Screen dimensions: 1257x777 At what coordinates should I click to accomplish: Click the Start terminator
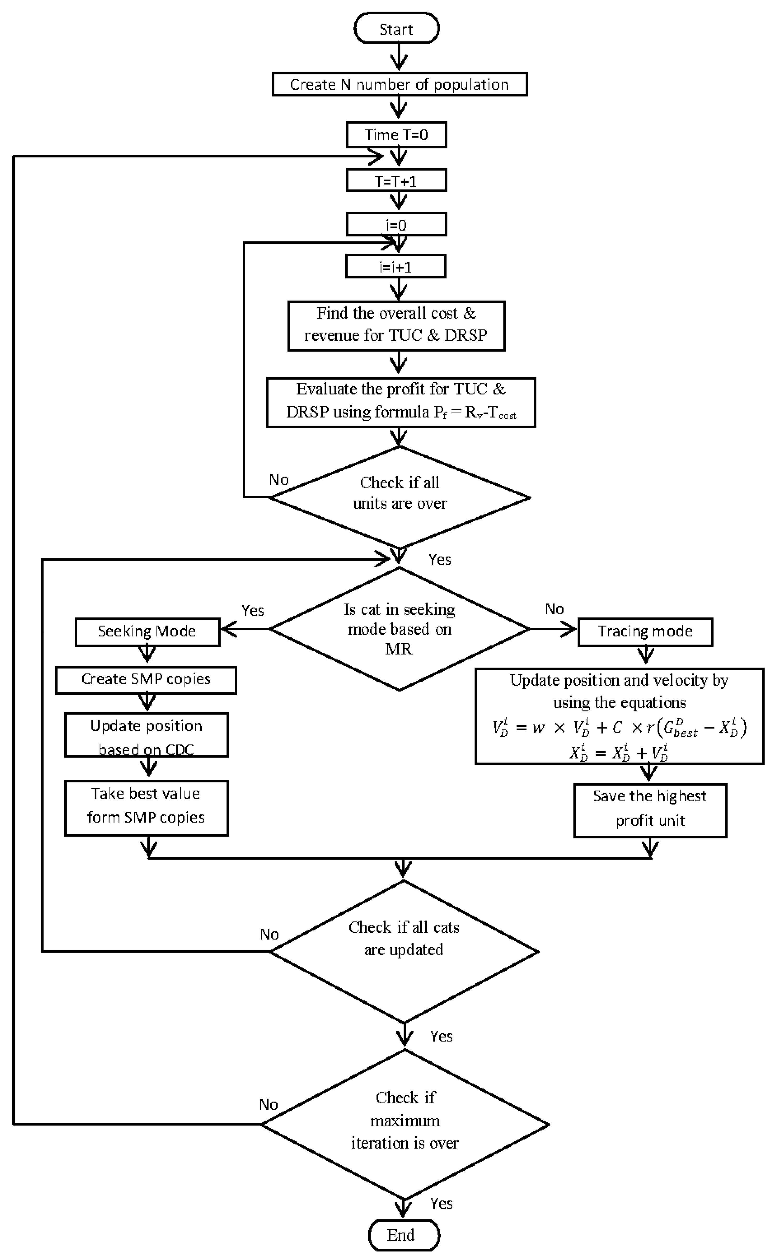(x=396, y=29)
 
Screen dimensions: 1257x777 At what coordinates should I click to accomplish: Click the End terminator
(x=404, y=1234)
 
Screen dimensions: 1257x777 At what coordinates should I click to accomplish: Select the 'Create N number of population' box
(x=399, y=84)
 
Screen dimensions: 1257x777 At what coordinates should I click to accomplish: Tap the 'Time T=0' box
(x=396, y=135)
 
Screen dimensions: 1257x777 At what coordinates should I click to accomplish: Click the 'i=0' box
(x=396, y=224)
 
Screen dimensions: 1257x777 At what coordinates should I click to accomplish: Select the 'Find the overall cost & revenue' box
(x=396, y=326)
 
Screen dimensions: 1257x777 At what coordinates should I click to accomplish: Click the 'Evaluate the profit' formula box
(x=401, y=402)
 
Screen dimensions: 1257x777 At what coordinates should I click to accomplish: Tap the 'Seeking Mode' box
(x=147, y=631)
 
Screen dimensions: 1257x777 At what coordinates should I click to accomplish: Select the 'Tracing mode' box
(x=645, y=631)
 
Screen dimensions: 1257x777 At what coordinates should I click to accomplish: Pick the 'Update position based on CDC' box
(x=146, y=734)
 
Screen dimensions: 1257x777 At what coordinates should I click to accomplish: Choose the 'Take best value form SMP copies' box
(x=146, y=808)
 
